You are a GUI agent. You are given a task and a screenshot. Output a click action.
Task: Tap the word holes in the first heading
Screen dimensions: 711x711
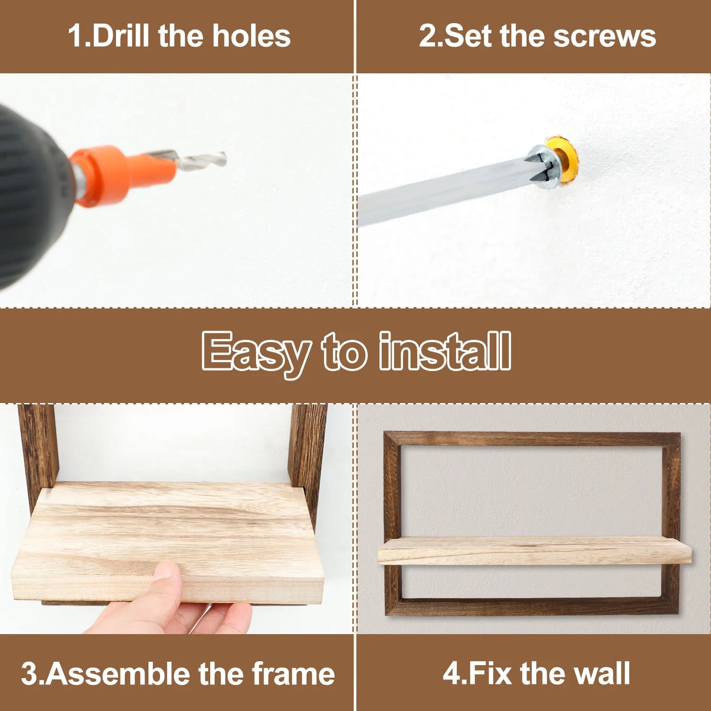click(x=251, y=36)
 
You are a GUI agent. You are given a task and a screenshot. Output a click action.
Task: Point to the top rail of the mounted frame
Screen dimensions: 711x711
click(x=532, y=439)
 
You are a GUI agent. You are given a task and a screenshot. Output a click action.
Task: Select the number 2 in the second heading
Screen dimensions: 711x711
click(x=428, y=36)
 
